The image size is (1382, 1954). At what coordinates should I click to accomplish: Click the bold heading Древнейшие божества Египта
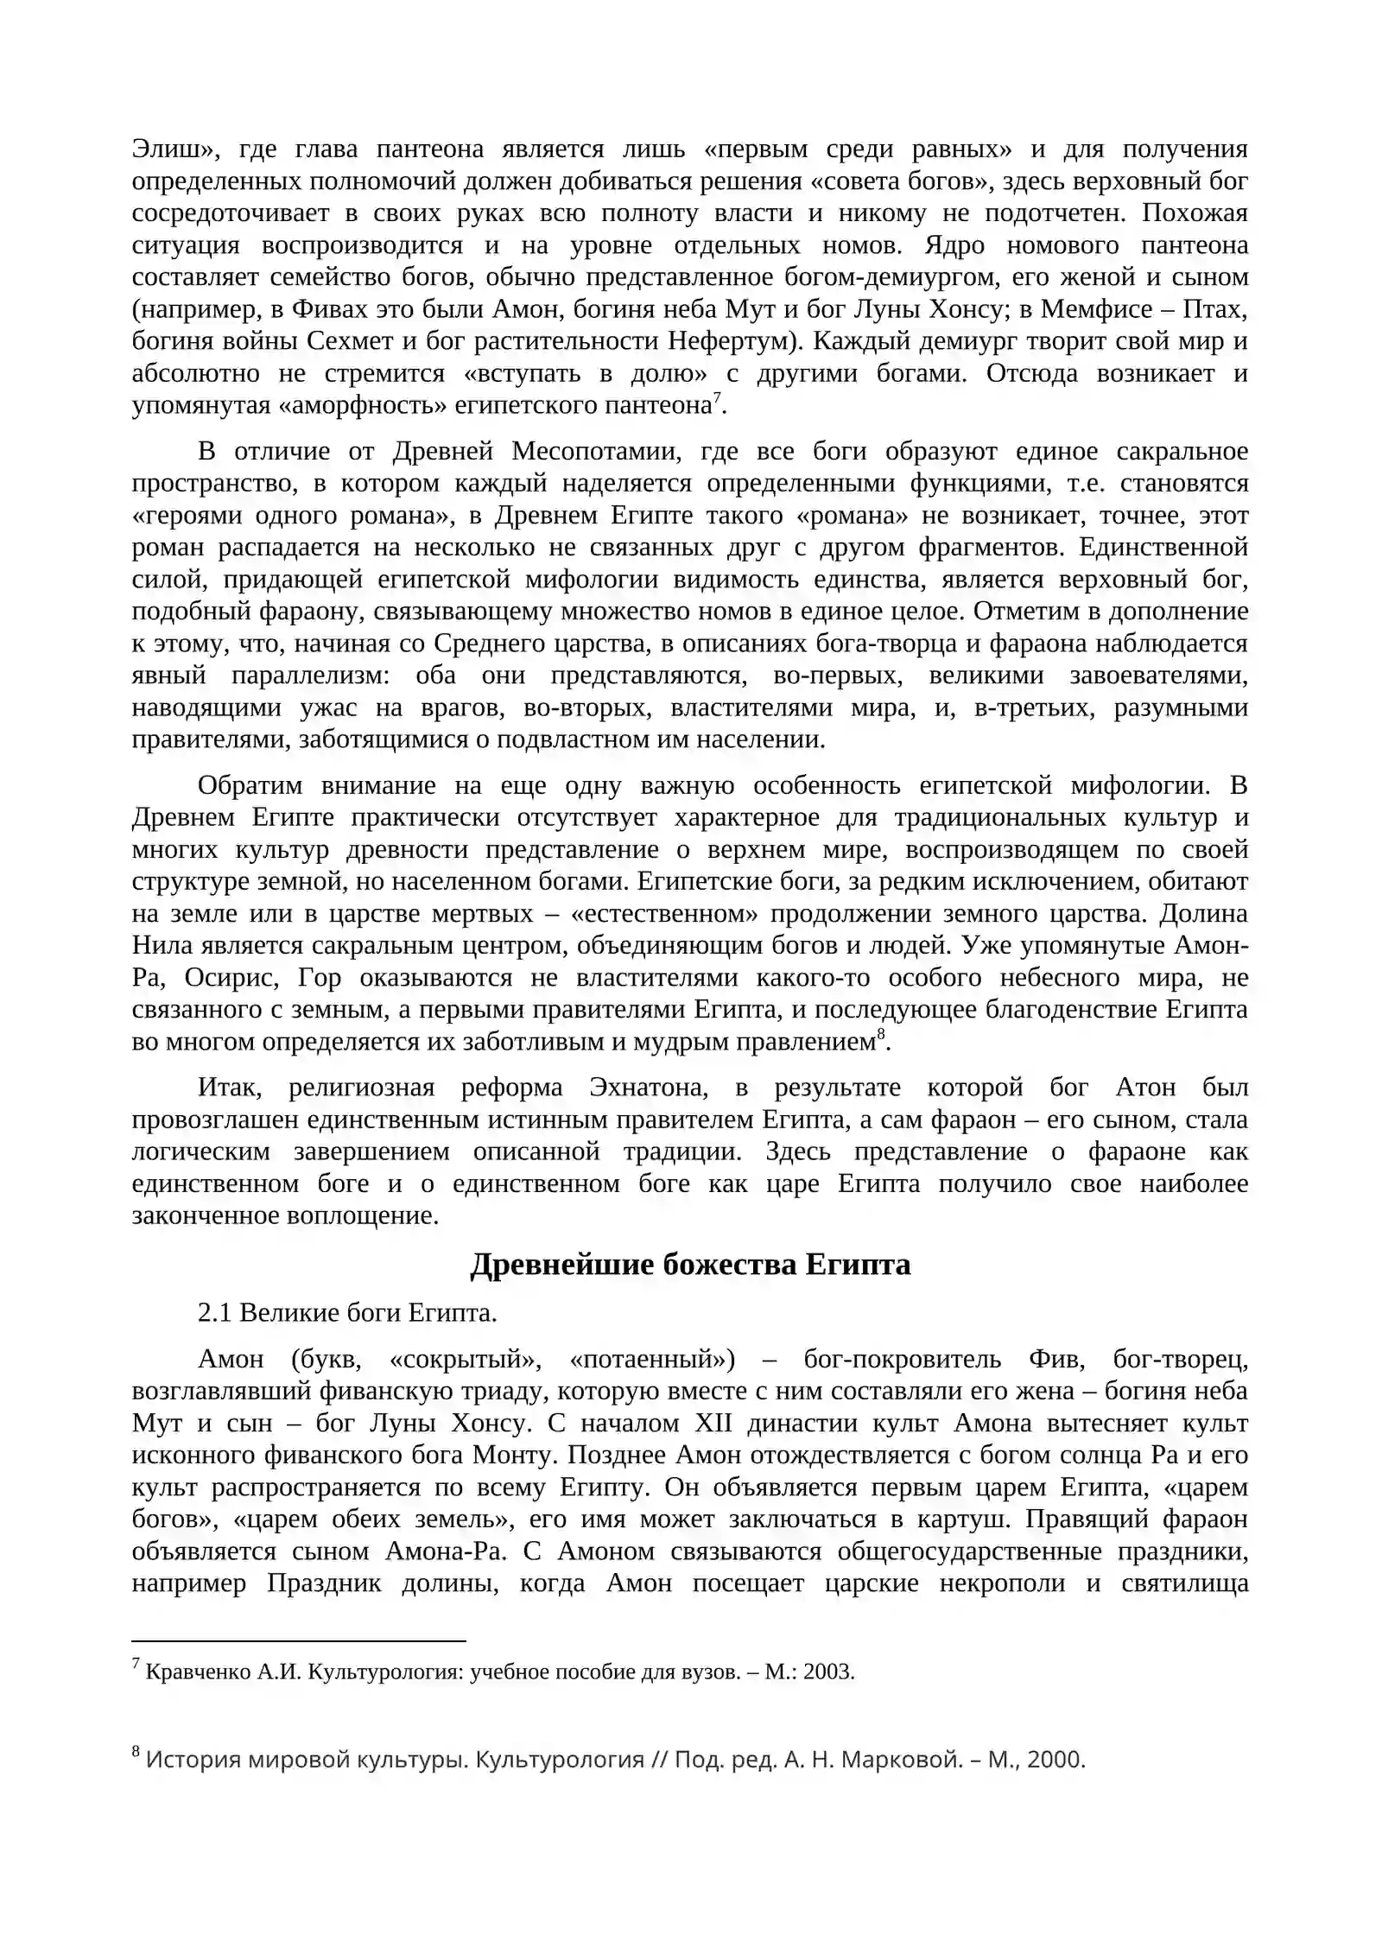[x=690, y=1265]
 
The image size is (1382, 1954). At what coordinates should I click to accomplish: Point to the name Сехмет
[x=350, y=341]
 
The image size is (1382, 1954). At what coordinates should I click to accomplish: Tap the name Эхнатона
[x=648, y=1088]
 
